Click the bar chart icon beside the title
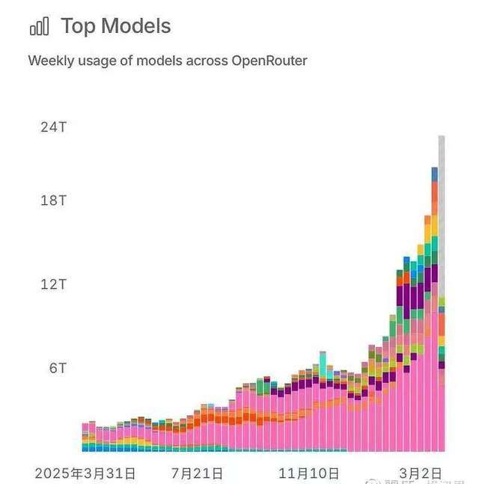[x=39, y=27]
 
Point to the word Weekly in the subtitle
[x=51, y=61]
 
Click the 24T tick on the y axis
[x=53, y=126]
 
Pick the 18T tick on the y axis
[x=53, y=200]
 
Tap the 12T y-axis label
[x=53, y=284]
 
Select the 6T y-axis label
[x=57, y=368]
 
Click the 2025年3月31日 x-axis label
[x=85, y=474]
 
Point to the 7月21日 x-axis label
[x=197, y=474]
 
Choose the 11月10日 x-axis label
[x=309, y=474]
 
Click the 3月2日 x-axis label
[x=419, y=474]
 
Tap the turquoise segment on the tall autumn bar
[x=323, y=363]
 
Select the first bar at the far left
[x=85, y=438]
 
